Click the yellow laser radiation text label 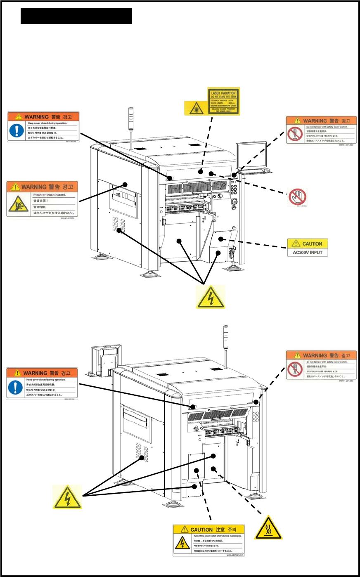click(x=223, y=101)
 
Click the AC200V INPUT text click(x=308, y=252)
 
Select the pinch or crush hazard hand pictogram click(x=18, y=204)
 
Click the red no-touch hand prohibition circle click(x=297, y=197)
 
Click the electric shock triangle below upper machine click(x=211, y=297)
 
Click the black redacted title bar click(x=76, y=16)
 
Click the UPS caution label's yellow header click(x=208, y=529)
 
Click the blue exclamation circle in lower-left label click(x=15, y=387)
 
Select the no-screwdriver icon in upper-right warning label click(x=295, y=134)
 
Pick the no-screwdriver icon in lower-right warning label click(x=295, y=368)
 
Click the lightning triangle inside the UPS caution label click(x=182, y=544)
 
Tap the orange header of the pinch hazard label click(x=43, y=187)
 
